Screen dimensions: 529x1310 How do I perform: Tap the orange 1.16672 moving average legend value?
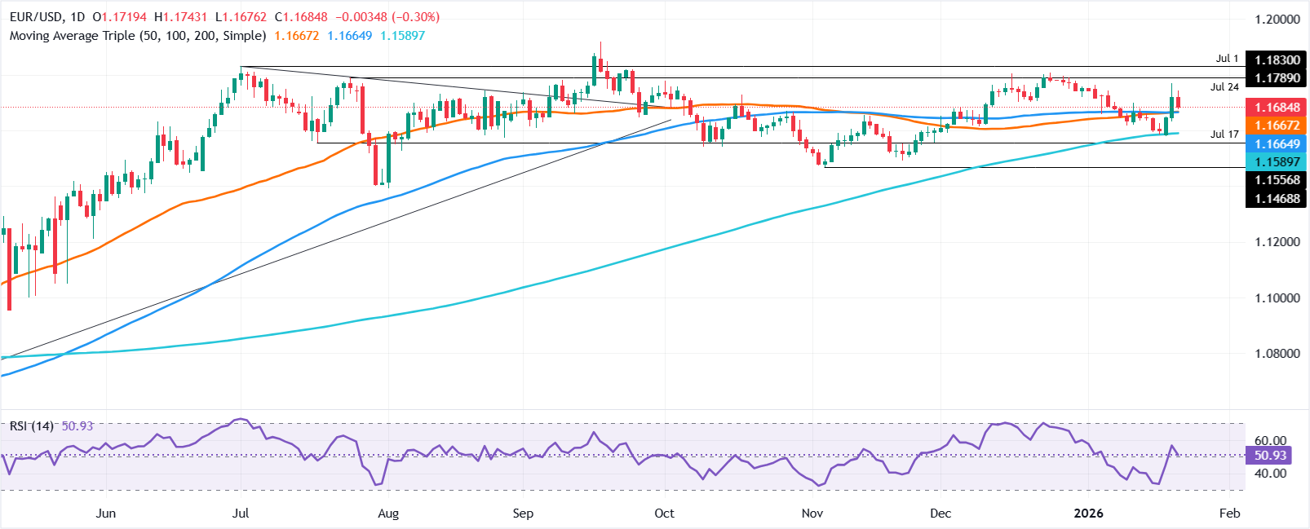point(297,36)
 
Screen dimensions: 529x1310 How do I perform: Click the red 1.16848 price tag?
point(1277,108)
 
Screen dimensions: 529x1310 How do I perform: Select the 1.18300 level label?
point(1277,60)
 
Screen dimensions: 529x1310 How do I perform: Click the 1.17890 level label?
point(1277,77)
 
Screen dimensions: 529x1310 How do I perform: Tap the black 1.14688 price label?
point(1277,198)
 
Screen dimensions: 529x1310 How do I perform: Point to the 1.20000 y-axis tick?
point(1277,19)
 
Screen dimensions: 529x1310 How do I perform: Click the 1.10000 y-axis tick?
point(1277,298)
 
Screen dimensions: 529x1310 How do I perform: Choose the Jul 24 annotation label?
point(1224,87)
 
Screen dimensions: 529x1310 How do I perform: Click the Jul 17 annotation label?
point(1224,134)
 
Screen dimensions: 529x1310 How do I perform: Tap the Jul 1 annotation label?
point(1227,59)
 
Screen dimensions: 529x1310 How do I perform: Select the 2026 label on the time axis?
point(1088,513)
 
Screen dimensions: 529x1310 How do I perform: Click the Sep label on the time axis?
point(523,513)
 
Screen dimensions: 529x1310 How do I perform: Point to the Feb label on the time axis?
point(1229,513)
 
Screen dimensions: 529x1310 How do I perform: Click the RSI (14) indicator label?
point(31,426)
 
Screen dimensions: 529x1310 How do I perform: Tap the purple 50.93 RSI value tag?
point(1270,456)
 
